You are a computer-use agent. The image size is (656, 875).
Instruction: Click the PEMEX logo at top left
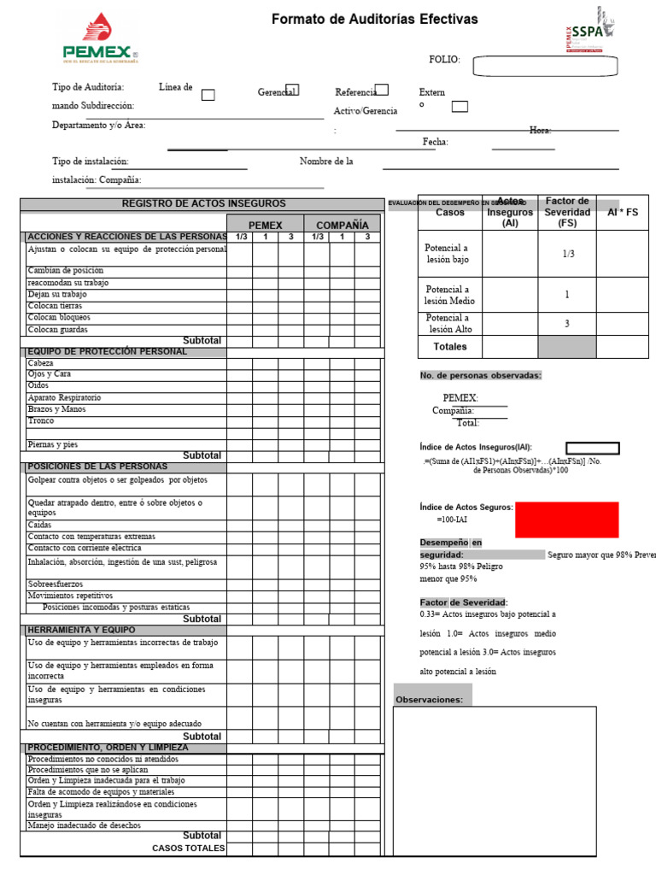pyautogui.click(x=99, y=39)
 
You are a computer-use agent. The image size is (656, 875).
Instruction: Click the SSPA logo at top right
pyautogui.click(x=589, y=31)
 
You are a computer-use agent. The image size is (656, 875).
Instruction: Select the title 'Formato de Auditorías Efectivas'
pyautogui.click(x=374, y=19)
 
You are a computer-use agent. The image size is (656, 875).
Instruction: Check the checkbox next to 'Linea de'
pyautogui.click(x=208, y=95)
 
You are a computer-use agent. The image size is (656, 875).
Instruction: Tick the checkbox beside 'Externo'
pyautogui.click(x=460, y=106)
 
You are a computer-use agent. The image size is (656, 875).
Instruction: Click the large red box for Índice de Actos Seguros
pyautogui.click(x=566, y=520)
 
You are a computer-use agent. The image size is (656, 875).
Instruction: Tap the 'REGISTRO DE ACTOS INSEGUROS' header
pyautogui.click(x=203, y=203)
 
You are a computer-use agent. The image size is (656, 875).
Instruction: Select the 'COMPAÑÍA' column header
pyautogui.click(x=342, y=226)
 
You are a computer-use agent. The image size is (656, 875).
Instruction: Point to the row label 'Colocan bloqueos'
pyautogui.click(x=59, y=317)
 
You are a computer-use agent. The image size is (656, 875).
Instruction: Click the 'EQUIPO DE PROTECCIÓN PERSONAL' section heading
pyautogui.click(x=108, y=351)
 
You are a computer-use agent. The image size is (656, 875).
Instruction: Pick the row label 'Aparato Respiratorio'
pyautogui.click(x=64, y=397)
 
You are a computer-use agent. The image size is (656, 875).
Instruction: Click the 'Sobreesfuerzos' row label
pyautogui.click(x=56, y=584)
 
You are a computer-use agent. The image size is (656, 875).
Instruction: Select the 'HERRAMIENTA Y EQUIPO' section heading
pyautogui.click(x=81, y=630)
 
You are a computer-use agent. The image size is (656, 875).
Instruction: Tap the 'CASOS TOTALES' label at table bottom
pyautogui.click(x=189, y=848)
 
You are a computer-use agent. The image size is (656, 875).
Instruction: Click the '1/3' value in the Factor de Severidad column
pyautogui.click(x=566, y=254)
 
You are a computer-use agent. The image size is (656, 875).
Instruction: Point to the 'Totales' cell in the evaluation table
pyautogui.click(x=450, y=347)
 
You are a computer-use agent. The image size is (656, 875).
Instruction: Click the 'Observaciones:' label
pyautogui.click(x=429, y=700)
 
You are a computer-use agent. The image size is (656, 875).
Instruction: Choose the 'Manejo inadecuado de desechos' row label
pyautogui.click(x=85, y=825)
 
